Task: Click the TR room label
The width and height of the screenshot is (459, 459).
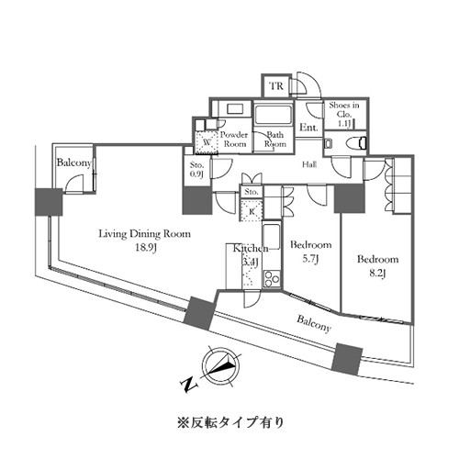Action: (x=276, y=86)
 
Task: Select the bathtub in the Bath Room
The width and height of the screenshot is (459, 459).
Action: (x=273, y=114)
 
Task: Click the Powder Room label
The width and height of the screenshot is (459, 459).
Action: (x=234, y=140)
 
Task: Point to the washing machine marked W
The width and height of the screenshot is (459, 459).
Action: (x=207, y=142)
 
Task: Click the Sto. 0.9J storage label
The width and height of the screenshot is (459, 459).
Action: (x=196, y=170)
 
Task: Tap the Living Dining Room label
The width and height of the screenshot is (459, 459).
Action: (x=144, y=234)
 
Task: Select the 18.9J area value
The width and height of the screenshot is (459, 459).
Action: (x=146, y=248)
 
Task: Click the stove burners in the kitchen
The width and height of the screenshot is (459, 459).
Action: (x=272, y=279)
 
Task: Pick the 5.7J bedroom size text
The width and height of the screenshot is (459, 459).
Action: (x=310, y=259)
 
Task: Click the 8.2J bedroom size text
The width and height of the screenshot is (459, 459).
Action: (x=377, y=273)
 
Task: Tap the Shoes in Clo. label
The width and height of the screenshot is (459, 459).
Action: (x=344, y=110)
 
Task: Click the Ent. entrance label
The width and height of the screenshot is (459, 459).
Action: (x=308, y=128)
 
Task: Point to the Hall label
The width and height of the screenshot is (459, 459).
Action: (x=309, y=164)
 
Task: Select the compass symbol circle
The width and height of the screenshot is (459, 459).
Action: (x=222, y=365)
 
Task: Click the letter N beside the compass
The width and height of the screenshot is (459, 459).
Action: (x=189, y=386)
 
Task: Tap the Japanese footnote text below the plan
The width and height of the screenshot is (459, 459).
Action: (x=230, y=422)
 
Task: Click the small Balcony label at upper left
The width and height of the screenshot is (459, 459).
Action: (x=74, y=162)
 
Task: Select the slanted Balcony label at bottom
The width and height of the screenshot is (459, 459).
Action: (x=314, y=324)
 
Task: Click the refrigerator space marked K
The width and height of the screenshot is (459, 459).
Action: (x=252, y=211)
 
